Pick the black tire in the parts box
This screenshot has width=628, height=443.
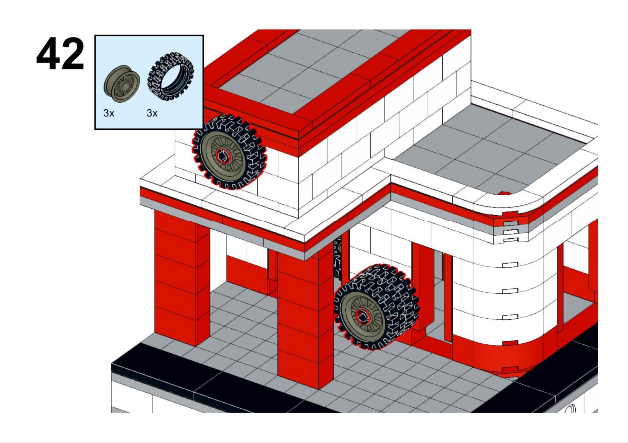171,78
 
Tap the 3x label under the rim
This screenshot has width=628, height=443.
109,113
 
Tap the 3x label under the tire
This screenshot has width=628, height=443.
152,113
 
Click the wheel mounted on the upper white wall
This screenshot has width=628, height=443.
229,152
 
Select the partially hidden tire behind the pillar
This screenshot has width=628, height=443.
337,257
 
